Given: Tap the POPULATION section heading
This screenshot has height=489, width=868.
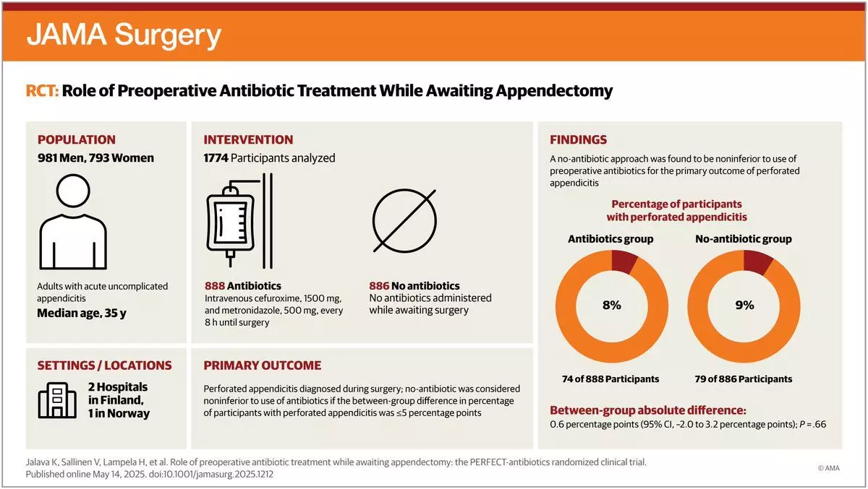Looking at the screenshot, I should pos(77,139).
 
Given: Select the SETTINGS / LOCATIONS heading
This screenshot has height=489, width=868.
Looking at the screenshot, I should pos(105,365).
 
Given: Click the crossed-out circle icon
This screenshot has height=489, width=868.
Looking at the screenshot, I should pos(404,220).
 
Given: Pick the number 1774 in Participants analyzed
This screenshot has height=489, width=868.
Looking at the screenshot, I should pos(216,158).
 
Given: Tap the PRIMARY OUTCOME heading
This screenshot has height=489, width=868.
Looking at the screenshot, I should pos(263,365).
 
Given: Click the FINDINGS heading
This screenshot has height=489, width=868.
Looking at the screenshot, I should pos(579,139).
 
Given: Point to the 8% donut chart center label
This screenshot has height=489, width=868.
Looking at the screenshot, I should pos(611,305).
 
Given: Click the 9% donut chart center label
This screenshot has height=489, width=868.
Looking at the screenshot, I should pos(744,305).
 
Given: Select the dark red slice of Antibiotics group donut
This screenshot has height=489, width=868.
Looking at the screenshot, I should pos(624,261).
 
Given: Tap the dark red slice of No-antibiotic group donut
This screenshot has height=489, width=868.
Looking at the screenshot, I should pos(757,262).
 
